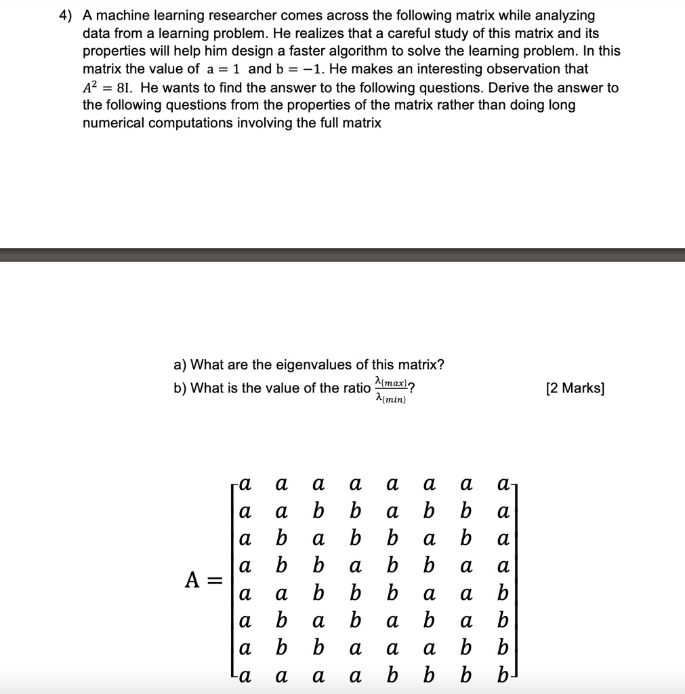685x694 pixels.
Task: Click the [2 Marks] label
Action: pyautogui.click(x=575, y=388)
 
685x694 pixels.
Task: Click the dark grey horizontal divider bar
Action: pyautogui.click(x=342, y=255)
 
